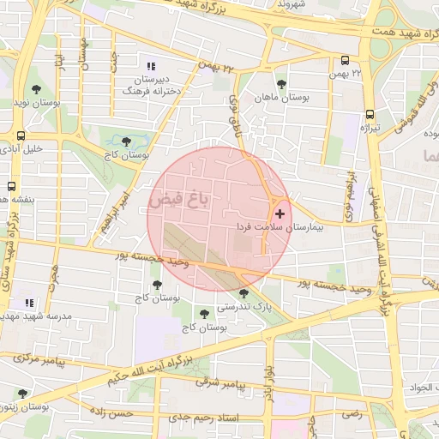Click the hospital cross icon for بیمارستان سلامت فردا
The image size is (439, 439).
pyautogui.click(x=280, y=212)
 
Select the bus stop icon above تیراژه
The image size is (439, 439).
pyautogui.click(x=370, y=113)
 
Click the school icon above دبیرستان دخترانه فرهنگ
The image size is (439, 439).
pyautogui.click(x=152, y=67)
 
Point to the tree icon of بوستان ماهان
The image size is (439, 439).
pyautogui.click(x=281, y=83)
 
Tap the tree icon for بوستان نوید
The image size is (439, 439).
pyautogui.click(x=36, y=88)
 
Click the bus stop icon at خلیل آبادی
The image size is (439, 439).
pyautogui.click(x=20, y=135)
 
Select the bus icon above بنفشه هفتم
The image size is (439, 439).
pyautogui.click(x=12, y=185)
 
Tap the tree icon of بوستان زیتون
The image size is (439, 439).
pyautogui.click(x=21, y=394)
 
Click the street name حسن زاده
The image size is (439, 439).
pyautogui.click(x=113, y=413)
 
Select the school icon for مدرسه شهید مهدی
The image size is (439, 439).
pyautogui.click(x=30, y=303)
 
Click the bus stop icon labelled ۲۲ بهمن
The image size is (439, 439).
pyautogui.click(x=345, y=61)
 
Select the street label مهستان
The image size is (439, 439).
pyautogui.click(x=84, y=53)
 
